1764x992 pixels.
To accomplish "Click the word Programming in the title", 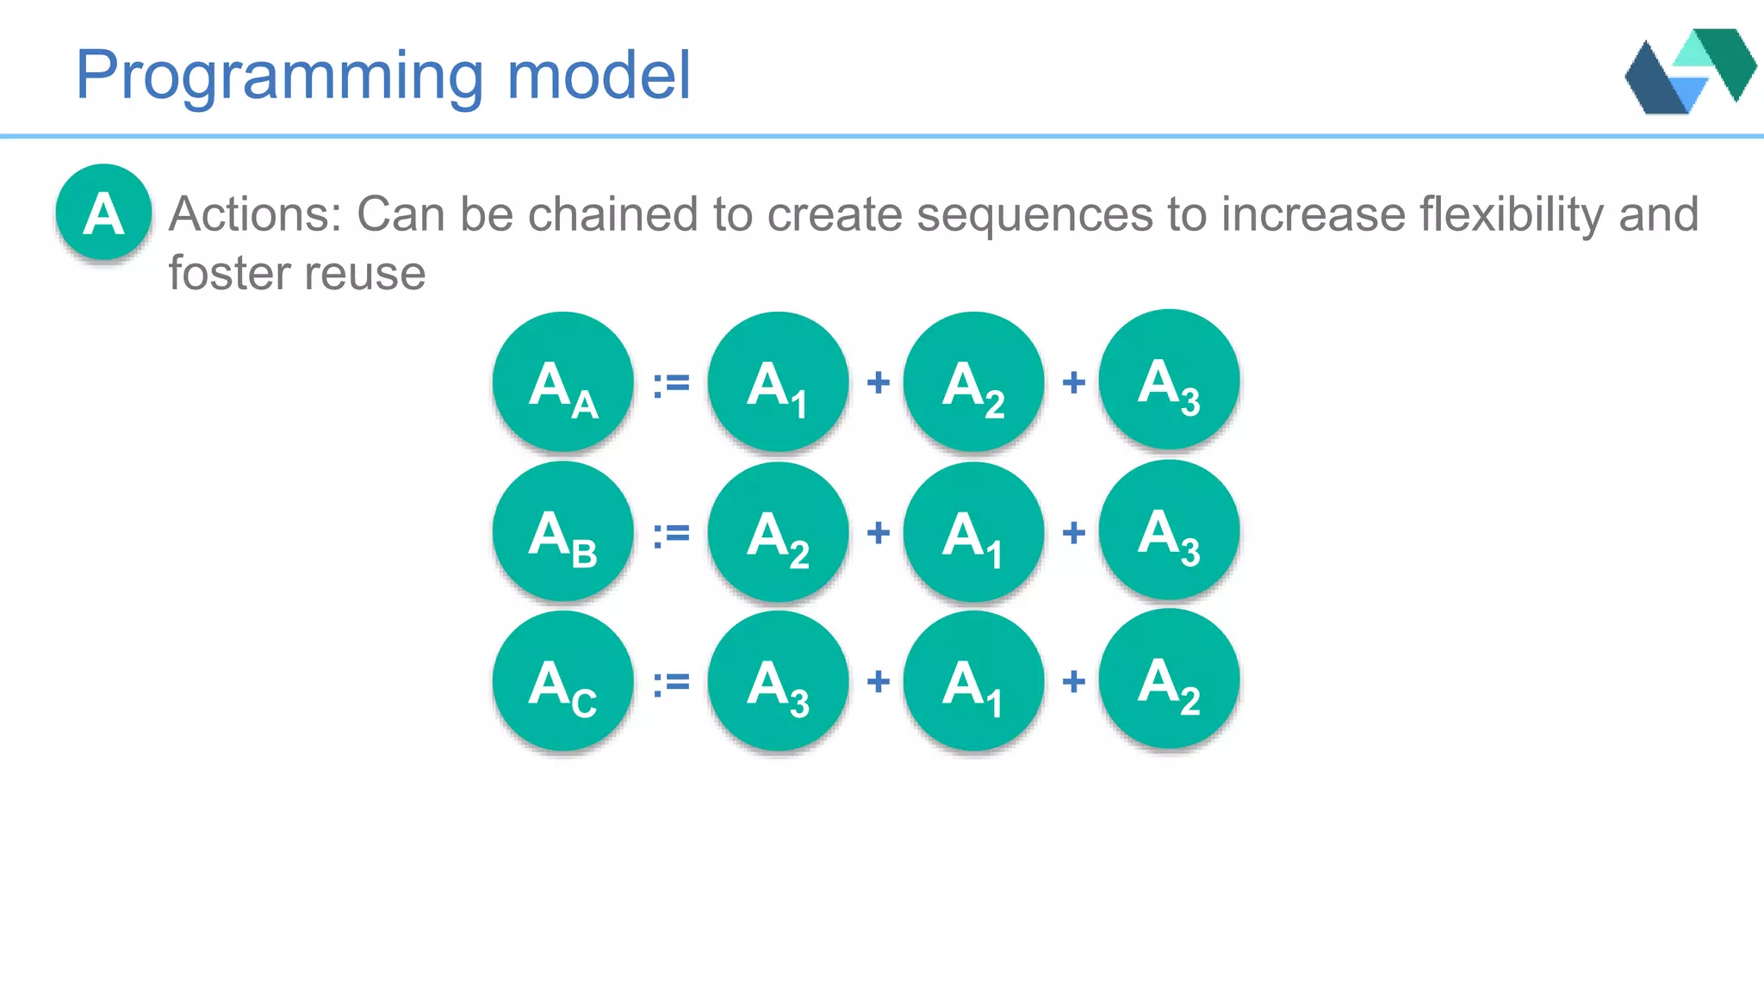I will (x=280, y=76).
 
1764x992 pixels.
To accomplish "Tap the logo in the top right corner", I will (x=1690, y=71).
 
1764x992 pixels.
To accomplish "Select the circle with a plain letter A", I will (x=104, y=213).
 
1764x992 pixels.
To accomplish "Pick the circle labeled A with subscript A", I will (x=562, y=381).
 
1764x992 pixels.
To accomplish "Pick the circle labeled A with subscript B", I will (x=562, y=531).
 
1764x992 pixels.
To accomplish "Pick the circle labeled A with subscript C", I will (x=562, y=681).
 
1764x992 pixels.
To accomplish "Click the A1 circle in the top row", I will (x=778, y=381).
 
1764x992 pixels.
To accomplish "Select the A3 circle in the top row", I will (x=1169, y=380).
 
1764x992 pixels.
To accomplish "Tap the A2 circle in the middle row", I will (x=778, y=531).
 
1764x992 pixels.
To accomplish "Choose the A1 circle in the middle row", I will (x=973, y=531).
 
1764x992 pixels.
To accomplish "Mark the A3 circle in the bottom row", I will (x=778, y=681).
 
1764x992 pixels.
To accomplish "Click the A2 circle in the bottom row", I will (x=1169, y=679).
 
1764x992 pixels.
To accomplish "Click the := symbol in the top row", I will (x=671, y=383).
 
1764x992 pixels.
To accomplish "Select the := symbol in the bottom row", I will (x=671, y=683).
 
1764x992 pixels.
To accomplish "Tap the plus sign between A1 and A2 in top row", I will (x=878, y=382).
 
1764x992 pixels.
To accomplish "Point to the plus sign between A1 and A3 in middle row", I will (x=1073, y=533).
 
